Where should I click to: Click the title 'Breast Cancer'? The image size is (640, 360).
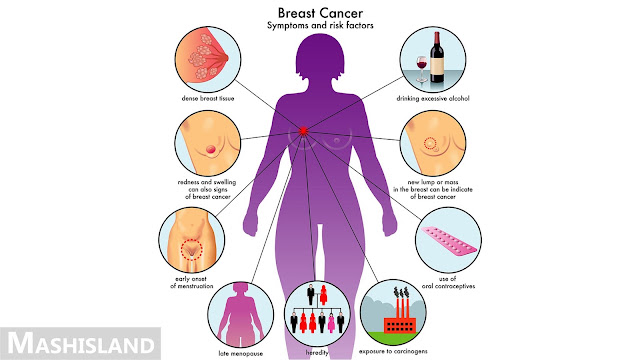tap(320, 13)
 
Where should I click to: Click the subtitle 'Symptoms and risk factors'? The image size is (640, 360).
tap(320, 25)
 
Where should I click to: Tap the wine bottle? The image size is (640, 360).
tap(437, 58)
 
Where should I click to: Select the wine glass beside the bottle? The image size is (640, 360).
tap(422, 70)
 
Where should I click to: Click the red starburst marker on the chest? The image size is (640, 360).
tap(303, 131)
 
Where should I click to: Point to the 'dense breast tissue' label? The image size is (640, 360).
tap(208, 98)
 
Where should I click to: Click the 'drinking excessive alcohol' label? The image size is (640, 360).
tap(433, 98)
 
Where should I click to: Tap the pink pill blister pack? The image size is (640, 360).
tap(448, 241)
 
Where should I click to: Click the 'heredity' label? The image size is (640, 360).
tap(317, 352)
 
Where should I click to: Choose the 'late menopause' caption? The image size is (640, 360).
tap(240, 353)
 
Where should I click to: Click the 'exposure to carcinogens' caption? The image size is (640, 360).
tap(393, 351)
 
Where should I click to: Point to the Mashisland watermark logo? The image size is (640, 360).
tap(80, 343)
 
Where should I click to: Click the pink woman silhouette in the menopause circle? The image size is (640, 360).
tap(240, 315)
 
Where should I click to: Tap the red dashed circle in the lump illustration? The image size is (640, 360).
tap(430, 143)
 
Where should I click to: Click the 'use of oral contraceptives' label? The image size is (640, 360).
tap(448, 282)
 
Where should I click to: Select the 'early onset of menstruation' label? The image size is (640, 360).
tap(191, 282)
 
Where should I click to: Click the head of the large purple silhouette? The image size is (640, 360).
tap(320, 58)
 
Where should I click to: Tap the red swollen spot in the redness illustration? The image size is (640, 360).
tap(210, 149)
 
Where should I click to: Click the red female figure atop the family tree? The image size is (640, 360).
tap(323, 295)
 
